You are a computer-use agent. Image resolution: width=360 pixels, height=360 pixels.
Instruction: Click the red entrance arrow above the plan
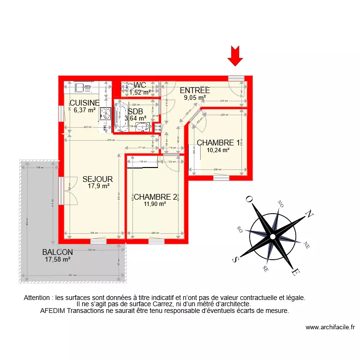coord(235,55)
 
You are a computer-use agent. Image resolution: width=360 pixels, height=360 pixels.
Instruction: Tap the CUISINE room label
coord(85,103)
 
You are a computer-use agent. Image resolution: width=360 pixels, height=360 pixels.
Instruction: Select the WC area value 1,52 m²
coord(140,93)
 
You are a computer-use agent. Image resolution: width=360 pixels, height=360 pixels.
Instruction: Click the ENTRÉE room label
coord(194,90)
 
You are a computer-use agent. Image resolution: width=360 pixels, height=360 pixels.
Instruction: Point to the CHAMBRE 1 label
coord(218,143)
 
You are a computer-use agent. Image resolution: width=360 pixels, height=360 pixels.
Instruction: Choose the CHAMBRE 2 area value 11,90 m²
coord(155,204)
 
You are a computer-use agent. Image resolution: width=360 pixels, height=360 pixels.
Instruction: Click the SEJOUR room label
coord(97,179)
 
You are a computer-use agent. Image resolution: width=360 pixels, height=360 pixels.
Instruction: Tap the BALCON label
coord(57,252)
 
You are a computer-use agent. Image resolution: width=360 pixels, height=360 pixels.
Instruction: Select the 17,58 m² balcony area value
coord(58,260)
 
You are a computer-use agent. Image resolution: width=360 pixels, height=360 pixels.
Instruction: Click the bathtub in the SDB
coord(119,115)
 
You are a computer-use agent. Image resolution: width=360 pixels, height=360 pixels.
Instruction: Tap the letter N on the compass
coord(311,214)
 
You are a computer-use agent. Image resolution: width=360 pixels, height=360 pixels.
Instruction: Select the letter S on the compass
coord(235,259)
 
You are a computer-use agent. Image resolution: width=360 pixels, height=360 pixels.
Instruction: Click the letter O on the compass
coord(249,199)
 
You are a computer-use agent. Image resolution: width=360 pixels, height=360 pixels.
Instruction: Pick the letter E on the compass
coord(296,273)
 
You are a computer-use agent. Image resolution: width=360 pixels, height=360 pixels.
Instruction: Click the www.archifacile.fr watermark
coord(330,327)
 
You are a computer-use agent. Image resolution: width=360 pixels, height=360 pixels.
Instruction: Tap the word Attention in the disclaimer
coord(38,298)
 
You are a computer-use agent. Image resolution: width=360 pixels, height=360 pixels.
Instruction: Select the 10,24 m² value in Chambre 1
coord(218,150)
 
